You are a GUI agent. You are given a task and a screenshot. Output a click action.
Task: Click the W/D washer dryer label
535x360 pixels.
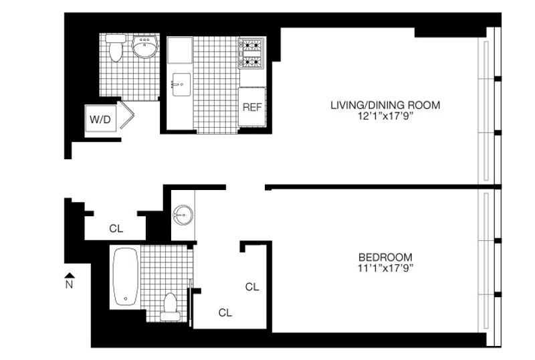pyautogui.click(x=100, y=120)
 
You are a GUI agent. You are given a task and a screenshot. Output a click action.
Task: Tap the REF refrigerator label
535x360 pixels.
pyautogui.click(x=252, y=107)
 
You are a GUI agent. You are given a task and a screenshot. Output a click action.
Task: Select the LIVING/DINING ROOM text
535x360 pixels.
pyautogui.click(x=385, y=105)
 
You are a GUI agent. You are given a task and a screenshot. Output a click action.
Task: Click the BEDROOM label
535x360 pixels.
pyautogui.click(x=385, y=257)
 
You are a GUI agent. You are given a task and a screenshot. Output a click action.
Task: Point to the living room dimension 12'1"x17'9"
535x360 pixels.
pyautogui.click(x=385, y=116)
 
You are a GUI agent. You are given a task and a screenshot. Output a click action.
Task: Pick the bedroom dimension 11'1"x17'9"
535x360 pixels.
pyautogui.click(x=385, y=268)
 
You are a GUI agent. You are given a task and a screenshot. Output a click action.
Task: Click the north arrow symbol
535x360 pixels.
pyautogui.click(x=70, y=275)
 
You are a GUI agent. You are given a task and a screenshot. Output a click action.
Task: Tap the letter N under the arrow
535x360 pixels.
pyautogui.click(x=70, y=284)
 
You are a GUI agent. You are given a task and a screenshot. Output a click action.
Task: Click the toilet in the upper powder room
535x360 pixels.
pyautogui.click(x=116, y=48)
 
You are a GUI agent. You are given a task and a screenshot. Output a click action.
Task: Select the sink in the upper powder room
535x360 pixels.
pyautogui.click(x=145, y=46)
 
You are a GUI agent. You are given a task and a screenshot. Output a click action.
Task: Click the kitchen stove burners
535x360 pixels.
pyautogui.click(x=252, y=54)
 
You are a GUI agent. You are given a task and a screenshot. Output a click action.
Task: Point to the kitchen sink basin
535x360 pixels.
pyautogui.click(x=181, y=84)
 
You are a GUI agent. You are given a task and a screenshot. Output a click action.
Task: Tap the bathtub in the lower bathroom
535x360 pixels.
pyautogui.click(x=126, y=276)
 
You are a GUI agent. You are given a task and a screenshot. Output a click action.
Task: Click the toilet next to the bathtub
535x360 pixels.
pyautogui.click(x=170, y=306)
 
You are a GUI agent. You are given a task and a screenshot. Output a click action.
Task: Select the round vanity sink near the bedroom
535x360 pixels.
pyautogui.click(x=183, y=215)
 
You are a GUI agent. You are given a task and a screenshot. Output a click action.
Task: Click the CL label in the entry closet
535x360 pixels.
pyautogui.click(x=116, y=228)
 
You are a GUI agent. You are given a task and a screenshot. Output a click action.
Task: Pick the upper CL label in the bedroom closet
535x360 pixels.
pyautogui.click(x=252, y=286)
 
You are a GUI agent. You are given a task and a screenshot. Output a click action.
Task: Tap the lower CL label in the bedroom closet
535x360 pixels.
pyautogui.click(x=225, y=312)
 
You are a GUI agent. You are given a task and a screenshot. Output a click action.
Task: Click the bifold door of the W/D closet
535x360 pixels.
pyautogui.click(x=126, y=115)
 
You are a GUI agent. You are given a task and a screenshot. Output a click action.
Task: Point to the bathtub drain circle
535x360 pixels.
pyautogui.click(x=126, y=298)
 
